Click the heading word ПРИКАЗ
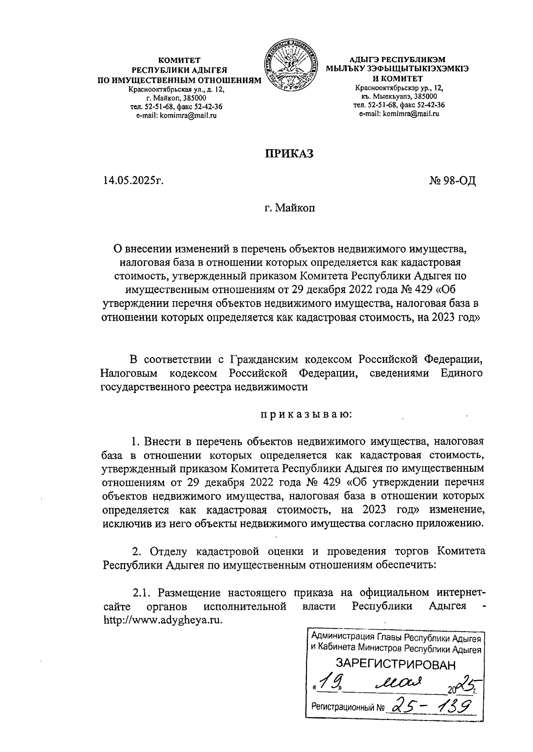point(290,153)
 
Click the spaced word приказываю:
point(306,414)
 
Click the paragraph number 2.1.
point(143,593)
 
